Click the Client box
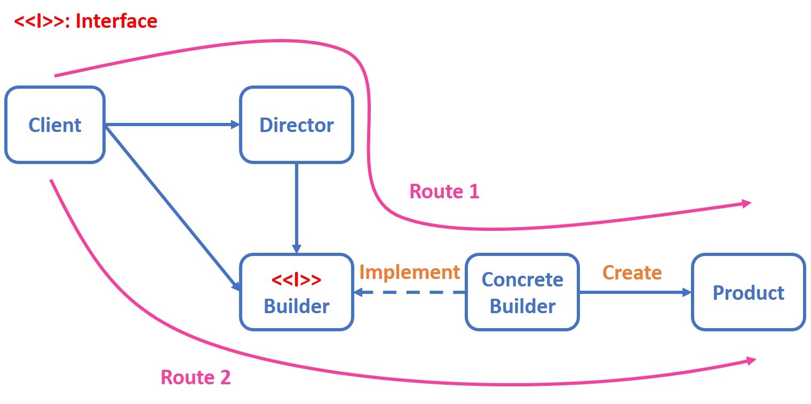coord(54,125)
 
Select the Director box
coord(296,125)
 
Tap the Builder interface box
coord(296,292)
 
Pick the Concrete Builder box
coord(522,292)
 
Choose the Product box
coord(748,292)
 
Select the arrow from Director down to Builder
coord(296,208)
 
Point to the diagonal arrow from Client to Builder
coord(171,206)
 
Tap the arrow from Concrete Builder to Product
coord(635,292)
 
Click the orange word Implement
coord(409,272)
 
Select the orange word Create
coord(632,273)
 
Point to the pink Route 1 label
coord(444,191)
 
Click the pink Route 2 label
coord(195,377)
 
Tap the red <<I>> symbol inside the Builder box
coord(296,279)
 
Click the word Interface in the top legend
coord(116,21)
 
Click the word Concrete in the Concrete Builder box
coord(522,279)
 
